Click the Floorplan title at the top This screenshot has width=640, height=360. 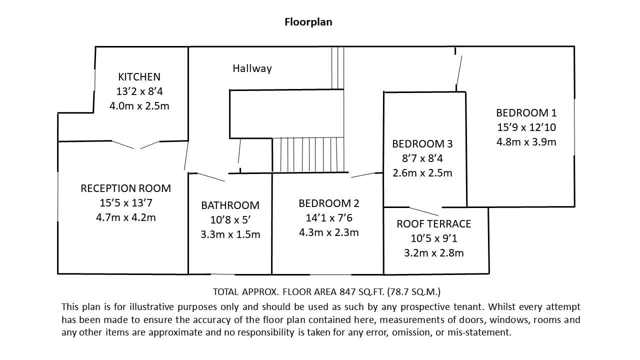click(308, 22)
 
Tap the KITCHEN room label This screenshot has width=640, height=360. click(139, 77)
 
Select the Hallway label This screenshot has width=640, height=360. click(252, 68)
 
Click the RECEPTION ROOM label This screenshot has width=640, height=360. click(125, 188)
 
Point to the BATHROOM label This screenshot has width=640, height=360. click(230, 205)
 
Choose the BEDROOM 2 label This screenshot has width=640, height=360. click(329, 203)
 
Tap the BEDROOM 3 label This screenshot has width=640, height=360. click(422, 143)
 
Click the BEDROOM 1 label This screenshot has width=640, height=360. click(526, 113)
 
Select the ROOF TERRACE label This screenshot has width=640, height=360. click(433, 223)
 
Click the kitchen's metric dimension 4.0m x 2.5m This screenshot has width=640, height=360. click(139, 106)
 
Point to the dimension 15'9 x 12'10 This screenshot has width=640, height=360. click(526, 127)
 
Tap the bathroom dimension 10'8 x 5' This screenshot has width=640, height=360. click(230, 220)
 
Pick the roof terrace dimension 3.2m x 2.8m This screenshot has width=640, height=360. click(433, 253)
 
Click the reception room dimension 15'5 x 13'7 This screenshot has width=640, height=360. click(125, 203)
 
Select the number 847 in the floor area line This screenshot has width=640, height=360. click(347, 291)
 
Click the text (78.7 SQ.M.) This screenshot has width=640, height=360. click(414, 291)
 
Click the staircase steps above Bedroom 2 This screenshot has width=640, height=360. click(308, 155)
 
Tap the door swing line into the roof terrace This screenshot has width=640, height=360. click(423, 211)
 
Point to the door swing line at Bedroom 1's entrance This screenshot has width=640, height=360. click(459, 70)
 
